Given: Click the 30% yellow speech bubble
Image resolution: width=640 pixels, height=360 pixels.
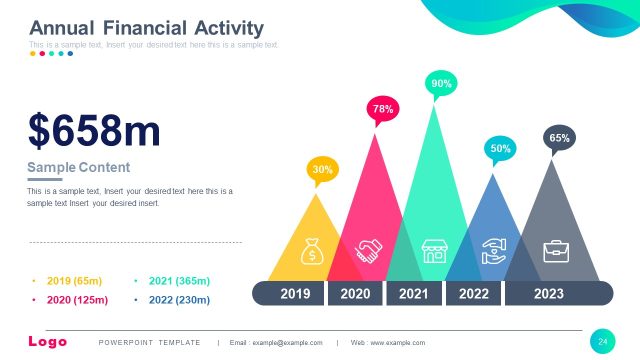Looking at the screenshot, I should pyautogui.click(x=322, y=170).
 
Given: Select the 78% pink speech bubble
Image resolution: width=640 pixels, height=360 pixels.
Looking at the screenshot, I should pyautogui.click(x=383, y=108).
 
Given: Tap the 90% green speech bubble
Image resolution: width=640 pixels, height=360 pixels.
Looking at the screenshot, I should pyautogui.click(x=441, y=85).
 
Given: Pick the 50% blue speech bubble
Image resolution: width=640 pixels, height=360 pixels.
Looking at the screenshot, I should pyautogui.click(x=500, y=149).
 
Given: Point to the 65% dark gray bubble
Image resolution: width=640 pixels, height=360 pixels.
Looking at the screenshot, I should pyautogui.click(x=559, y=138).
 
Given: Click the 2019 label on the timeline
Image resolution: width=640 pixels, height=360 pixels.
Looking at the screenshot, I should pyautogui.click(x=295, y=293).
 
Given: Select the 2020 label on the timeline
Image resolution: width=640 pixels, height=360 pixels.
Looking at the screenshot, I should pyautogui.click(x=355, y=293).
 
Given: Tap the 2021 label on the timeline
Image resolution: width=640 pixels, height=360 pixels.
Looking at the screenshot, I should pyautogui.click(x=414, y=293).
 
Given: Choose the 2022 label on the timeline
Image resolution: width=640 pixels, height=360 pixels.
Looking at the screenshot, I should pyautogui.click(x=473, y=293).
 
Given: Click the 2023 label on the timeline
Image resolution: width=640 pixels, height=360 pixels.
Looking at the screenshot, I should pyautogui.click(x=549, y=293).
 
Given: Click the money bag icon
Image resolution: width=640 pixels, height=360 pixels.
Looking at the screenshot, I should pyautogui.click(x=313, y=251).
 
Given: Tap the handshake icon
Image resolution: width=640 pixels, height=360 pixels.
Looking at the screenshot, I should pyautogui.click(x=369, y=251).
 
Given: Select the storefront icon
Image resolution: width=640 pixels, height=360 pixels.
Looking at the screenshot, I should pyautogui.click(x=434, y=250).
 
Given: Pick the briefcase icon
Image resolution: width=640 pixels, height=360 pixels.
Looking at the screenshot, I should pyautogui.click(x=555, y=250).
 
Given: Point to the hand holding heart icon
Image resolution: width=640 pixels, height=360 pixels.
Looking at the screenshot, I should pyautogui.click(x=494, y=251).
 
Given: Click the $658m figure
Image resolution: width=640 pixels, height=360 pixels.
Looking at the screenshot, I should pyautogui.click(x=94, y=131).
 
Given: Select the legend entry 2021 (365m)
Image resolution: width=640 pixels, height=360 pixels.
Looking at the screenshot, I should pyautogui.click(x=178, y=281).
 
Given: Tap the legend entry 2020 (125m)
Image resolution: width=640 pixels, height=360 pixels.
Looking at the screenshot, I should pyautogui.click(x=76, y=299).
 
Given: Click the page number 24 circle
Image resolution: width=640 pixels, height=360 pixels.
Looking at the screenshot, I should pyautogui.click(x=603, y=342).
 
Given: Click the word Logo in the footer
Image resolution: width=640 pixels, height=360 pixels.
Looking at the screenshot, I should pyautogui.click(x=47, y=342).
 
